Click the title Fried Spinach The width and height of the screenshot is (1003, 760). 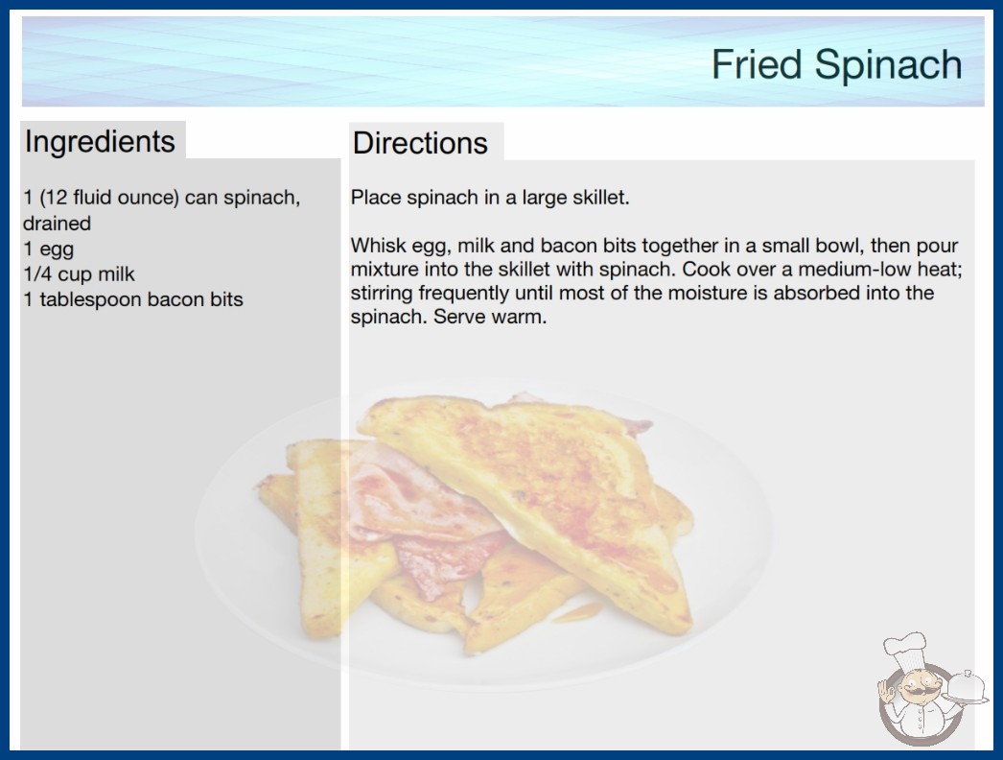[x=837, y=64]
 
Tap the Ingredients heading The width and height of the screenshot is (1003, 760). [x=100, y=141]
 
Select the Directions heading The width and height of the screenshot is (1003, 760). [x=420, y=143]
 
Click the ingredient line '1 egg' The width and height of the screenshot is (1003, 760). [x=49, y=249]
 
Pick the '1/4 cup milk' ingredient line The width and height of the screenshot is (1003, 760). [x=79, y=274]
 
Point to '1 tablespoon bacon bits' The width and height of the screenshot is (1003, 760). [x=133, y=299]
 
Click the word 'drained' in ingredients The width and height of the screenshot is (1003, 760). [x=57, y=224]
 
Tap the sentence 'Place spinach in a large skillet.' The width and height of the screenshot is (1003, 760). [x=490, y=198]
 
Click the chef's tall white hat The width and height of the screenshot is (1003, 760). [x=905, y=648]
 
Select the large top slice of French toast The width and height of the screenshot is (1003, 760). [x=525, y=506]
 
